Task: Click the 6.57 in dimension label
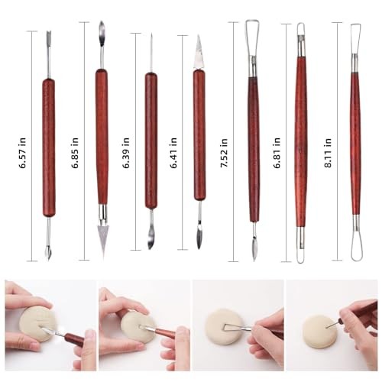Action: [24, 141]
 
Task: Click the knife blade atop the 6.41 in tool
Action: [199, 50]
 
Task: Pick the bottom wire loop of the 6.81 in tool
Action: [300, 248]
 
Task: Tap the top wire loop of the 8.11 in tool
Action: [355, 36]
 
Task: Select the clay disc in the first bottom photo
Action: [35, 324]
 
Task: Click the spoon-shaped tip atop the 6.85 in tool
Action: [102, 34]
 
